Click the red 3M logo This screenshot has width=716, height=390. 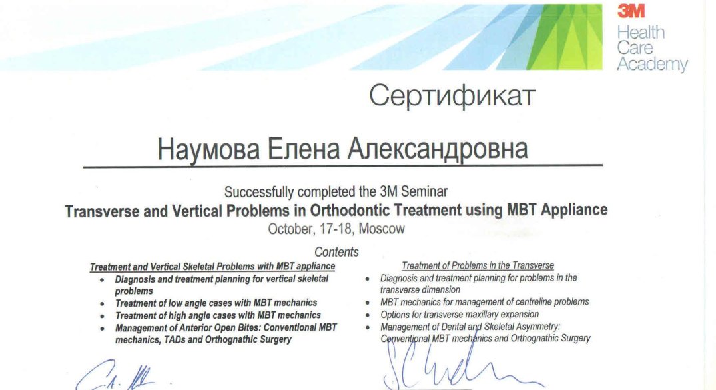pyautogui.click(x=631, y=11)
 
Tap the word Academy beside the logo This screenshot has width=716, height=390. pyautogui.click(x=652, y=65)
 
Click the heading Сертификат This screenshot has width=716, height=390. pyautogui.click(x=452, y=97)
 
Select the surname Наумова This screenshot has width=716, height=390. pyautogui.click(x=208, y=149)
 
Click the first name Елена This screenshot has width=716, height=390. pyautogui.click(x=304, y=149)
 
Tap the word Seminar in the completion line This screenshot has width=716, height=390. pyautogui.click(x=424, y=191)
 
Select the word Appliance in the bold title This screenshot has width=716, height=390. pyautogui.click(x=574, y=210)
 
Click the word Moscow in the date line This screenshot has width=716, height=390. pyautogui.click(x=382, y=229)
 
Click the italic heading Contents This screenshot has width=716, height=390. pyautogui.click(x=336, y=252)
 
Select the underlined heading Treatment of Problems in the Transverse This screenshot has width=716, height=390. pyautogui.click(x=478, y=265)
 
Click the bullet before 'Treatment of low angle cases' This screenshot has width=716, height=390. pyautogui.click(x=102, y=304)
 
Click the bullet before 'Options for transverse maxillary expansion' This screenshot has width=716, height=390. pyautogui.click(x=368, y=315)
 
